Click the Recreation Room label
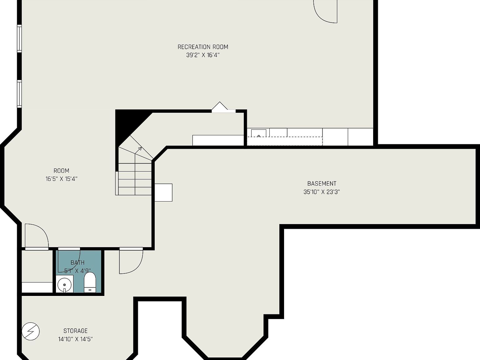[203, 47]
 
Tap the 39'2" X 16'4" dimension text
[203, 55]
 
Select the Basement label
[322, 184]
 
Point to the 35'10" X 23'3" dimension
[322, 192]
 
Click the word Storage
[75, 331]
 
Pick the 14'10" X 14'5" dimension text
[75, 339]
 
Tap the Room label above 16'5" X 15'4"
[62, 171]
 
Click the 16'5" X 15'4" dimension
[62, 179]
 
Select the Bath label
[77, 262]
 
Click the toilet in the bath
[90, 282]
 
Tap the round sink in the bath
[64, 285]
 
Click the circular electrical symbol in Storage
[31, 331]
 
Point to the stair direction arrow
[138, 150]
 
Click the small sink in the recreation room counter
[259, 133]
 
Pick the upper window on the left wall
[19, 38]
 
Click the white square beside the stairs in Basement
[163, 192]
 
